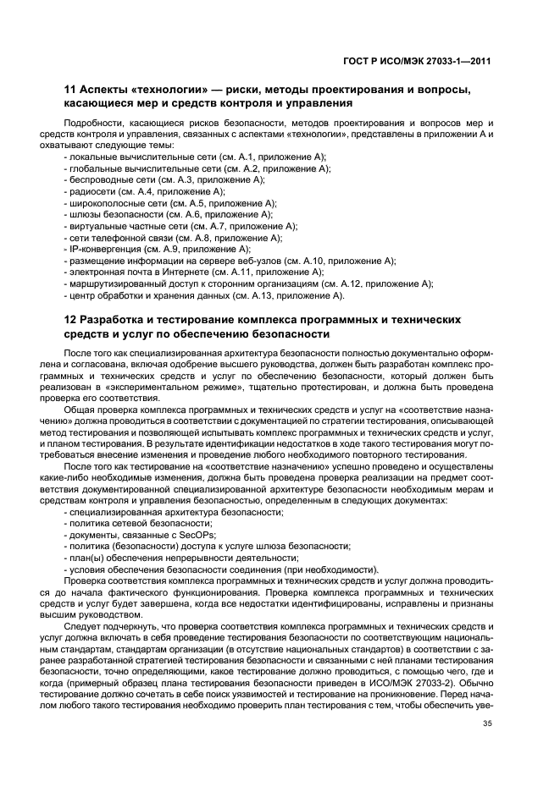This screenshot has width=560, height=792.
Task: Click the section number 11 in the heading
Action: tap(70, 89)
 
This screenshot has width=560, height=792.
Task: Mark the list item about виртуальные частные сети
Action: tap(180, 226)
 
